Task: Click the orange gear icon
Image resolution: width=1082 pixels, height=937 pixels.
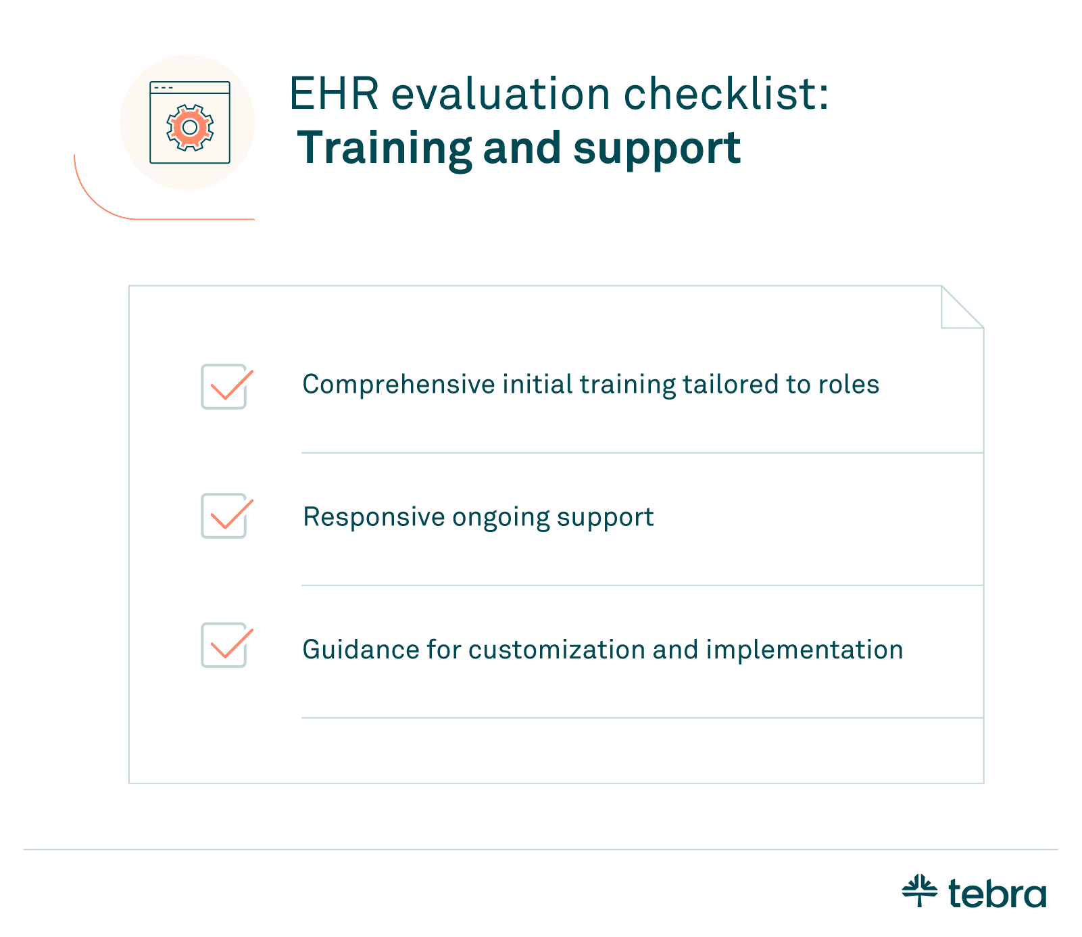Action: coord(190,127)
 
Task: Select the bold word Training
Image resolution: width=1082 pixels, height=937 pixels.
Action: coord(384,149)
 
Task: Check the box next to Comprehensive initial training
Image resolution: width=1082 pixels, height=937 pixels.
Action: coord(224,387)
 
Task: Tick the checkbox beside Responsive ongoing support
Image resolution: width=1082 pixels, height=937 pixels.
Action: coord(224,516)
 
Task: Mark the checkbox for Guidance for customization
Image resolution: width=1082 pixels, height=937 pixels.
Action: coord(224,646)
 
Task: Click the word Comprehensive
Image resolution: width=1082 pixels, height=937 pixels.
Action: coord(399,385)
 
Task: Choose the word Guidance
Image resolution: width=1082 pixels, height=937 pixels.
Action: coord(360,650)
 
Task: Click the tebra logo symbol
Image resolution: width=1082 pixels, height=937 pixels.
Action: coord(920,890)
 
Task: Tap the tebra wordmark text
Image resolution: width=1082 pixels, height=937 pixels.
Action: coord(998,893)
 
